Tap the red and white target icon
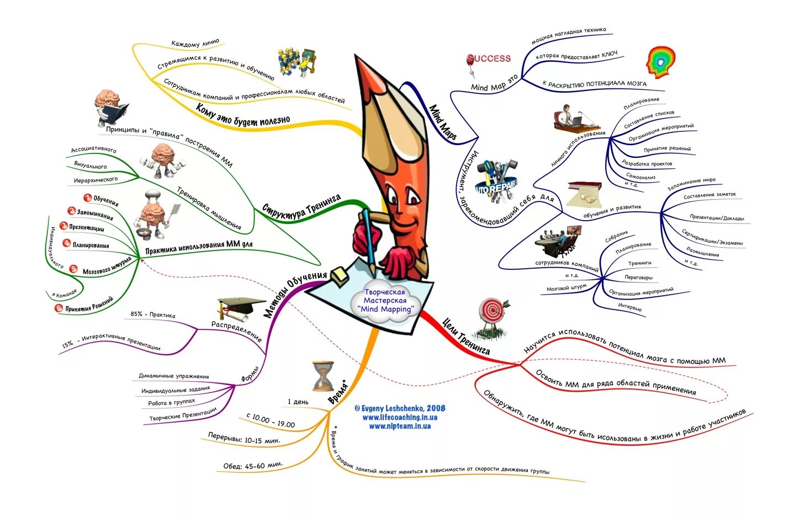[x=491, y=311]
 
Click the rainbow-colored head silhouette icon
[x=661, y=62]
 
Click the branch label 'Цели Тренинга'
[x=466, y=335]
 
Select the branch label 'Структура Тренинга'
[x=301, y=205]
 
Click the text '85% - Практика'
[x=153, y=315]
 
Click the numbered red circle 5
[x=73, y=269]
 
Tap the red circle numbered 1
[x=87, y=198]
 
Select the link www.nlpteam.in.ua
[x=400, y=426]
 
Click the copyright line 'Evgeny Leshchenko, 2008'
[x=400, y=408]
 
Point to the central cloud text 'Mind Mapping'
[x=385, y=310]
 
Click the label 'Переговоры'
[x=638, y=278]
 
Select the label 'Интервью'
[x=630, y=307]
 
